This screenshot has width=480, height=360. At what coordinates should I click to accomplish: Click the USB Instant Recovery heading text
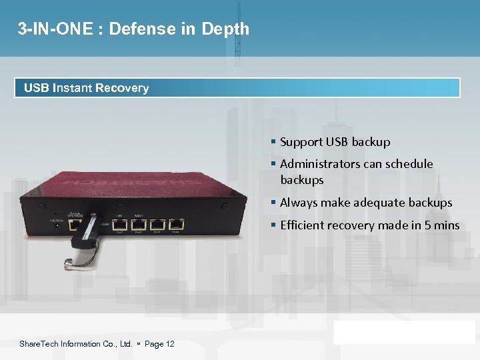(x=86, y=88)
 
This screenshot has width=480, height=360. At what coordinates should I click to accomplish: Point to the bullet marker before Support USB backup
(x=273, y=142)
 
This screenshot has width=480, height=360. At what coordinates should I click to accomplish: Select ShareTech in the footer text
(x=39, y=344)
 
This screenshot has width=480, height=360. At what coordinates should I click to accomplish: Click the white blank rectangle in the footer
(x=404, y=332)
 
